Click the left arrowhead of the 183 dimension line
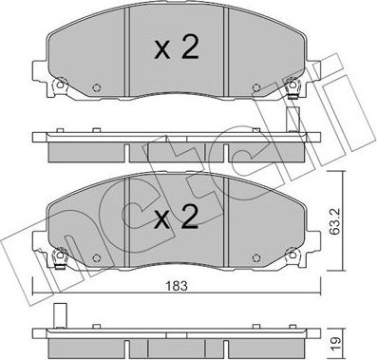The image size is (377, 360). point(36,291)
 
